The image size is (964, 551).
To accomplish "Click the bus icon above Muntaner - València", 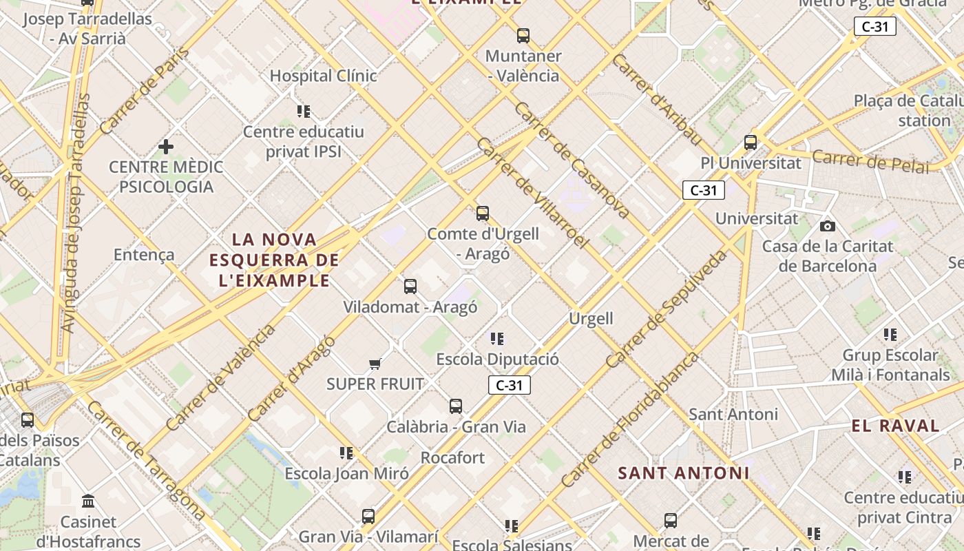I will point(523,35).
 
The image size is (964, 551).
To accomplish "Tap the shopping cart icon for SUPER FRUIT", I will point(375,364).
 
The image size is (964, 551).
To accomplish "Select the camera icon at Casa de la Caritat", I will point(828,226).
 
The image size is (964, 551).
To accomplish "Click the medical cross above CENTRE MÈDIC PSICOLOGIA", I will point(166,147).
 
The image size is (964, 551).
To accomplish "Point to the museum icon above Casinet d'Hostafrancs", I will point(88,501).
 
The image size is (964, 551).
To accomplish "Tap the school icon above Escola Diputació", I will point(497,339).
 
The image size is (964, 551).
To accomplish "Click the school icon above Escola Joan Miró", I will point(346,453).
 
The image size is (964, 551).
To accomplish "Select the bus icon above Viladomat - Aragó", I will point(410,287).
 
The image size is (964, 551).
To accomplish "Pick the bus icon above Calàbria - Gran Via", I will point(456,406).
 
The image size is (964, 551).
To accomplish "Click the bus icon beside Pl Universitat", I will point(751,143).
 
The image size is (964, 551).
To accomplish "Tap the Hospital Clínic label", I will point(323,76).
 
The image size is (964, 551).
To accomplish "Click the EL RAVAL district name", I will point(895,426).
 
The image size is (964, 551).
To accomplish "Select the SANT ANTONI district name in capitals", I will point(683,473).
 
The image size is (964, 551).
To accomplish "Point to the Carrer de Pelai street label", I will point(870,161).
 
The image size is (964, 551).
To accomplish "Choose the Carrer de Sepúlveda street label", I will point(667,309).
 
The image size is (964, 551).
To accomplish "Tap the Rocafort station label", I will point(452,457).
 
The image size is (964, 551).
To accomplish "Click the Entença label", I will point(144,255).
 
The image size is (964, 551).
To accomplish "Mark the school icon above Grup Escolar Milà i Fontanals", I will point(890,335).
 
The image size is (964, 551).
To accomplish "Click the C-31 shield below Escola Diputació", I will point(510,386).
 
